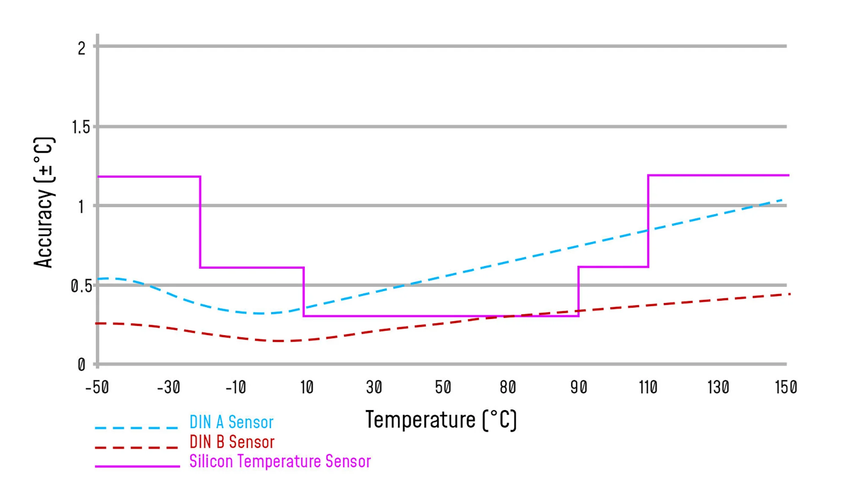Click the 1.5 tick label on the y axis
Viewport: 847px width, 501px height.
81,127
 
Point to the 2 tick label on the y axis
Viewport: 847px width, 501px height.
82,49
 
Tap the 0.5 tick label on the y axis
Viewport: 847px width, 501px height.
81,286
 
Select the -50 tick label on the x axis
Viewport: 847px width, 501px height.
97,387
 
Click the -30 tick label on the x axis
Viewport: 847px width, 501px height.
169,387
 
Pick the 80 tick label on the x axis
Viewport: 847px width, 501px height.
508,387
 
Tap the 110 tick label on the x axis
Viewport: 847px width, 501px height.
648,387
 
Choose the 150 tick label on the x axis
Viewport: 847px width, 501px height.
786,387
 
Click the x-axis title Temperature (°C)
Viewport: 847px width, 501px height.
441,420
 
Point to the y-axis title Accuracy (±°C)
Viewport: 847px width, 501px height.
44,202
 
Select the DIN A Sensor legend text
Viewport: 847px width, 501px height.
231,422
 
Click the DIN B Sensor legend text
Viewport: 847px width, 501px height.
232,442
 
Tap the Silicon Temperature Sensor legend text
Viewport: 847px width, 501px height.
280,461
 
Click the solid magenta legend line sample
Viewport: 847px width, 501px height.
137,466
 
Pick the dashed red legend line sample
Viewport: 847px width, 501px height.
136,447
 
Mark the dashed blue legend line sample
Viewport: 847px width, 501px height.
136,428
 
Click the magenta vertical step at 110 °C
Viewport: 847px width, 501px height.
648,220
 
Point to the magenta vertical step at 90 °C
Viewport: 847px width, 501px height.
579,291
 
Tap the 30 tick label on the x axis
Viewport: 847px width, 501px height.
374,387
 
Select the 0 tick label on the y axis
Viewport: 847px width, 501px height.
82,364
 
